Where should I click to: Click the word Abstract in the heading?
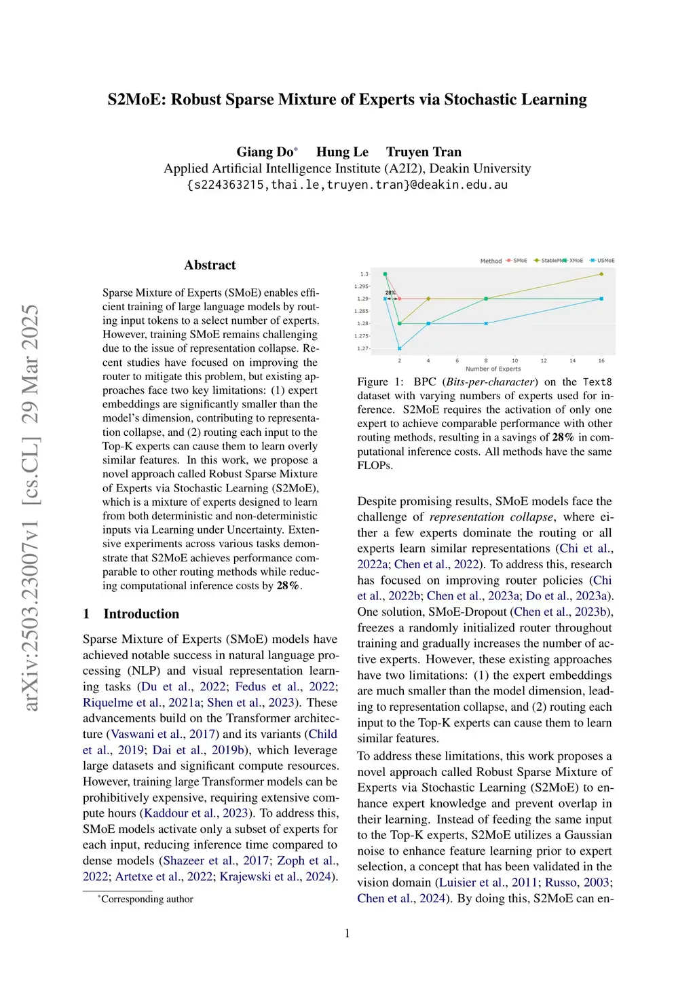pyautogui.click(x=210, y=265)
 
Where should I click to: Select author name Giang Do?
pyautogui.click(x=265, y=152)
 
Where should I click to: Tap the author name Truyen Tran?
pyautogui.click(x=424, y=152)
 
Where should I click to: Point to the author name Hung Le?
pyautogui.click(x=342, y=152)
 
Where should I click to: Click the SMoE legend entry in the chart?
pyautogui.click(x=517, y=261)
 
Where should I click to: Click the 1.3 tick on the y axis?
pyautogui.click(x=364, y=274)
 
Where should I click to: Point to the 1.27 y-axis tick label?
pyautogui.click(x=363, y=348)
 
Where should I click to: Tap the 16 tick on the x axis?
pyautogui.click(x=601, y=360)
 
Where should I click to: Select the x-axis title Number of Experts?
pyautogui.click(x=493, y=369)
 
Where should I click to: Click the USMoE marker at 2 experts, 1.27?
pyautogui.click(x=400, y=348)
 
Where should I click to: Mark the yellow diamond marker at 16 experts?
pyautogui.click(x=601, y=274)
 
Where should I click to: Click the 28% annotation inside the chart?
pyautogui.click(x=390, y=293)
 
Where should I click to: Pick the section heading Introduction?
pyautogui.click(x=141, y=614)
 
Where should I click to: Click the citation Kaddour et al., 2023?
pyautogui.click(x=196, y=813)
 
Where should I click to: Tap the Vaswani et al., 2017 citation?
pyautogui.click(x=163, y=734)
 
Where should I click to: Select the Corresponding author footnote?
pyautogui.click(x=147, y=899)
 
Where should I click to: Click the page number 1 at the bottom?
pyautogui.click(x=347, y=933)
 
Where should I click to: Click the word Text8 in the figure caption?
pyautogui.click(x=597, y=382)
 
